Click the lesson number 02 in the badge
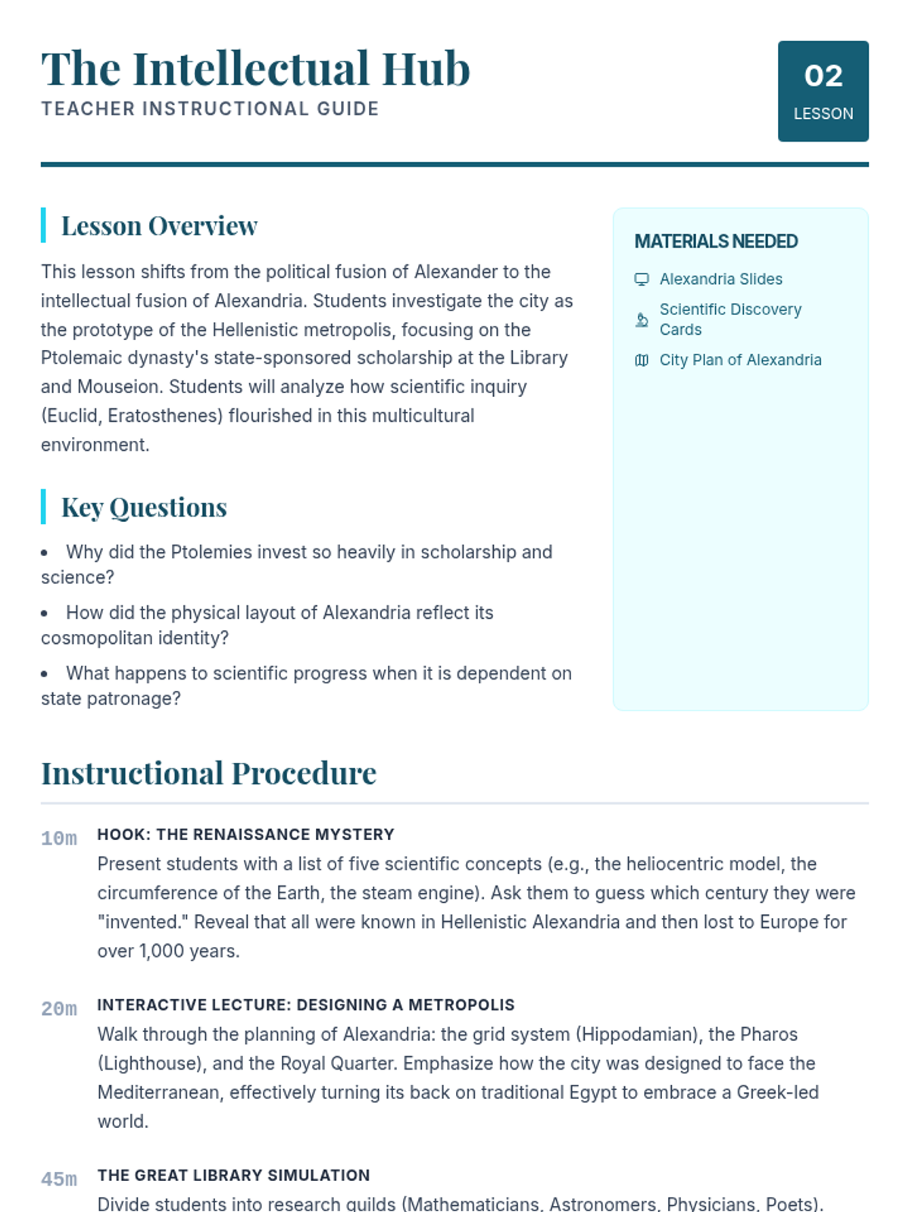823,76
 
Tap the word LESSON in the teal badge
823,114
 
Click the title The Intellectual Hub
255,69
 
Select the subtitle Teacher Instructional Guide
210,109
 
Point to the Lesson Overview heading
159,226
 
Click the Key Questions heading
144,508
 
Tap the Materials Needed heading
716,242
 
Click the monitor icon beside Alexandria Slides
642,280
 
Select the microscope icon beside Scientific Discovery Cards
642,320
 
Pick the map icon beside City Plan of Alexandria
642,361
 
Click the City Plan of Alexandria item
740,361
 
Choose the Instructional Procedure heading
208,773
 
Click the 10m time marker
59,839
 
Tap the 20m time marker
59,1009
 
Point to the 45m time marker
59,1179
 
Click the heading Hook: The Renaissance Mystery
245,835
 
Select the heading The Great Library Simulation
233,1176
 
